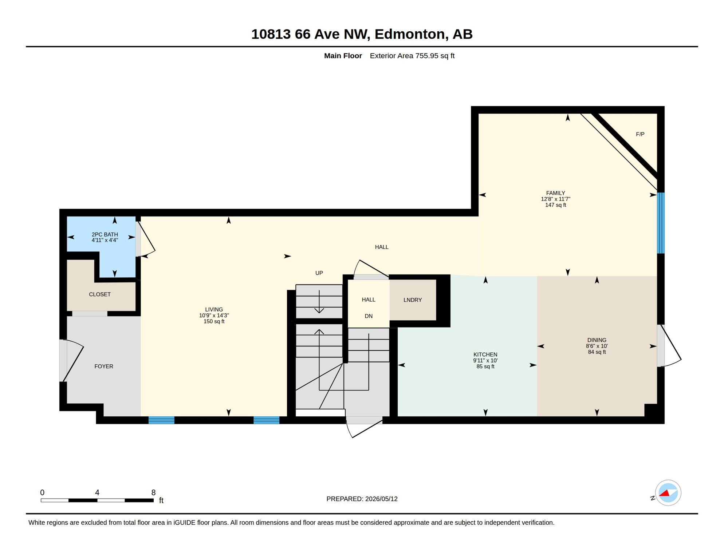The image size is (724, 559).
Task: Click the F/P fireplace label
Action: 640,134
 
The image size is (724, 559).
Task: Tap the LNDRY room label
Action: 413,300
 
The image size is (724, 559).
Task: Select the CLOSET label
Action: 100,294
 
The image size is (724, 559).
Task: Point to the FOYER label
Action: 104,366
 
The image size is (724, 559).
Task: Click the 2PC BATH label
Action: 105,235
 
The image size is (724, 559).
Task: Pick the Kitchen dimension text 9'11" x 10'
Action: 485,361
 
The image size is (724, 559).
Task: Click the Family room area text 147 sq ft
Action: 555,205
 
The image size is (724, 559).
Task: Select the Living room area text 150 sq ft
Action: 214,322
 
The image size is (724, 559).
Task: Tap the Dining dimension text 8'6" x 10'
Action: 597,346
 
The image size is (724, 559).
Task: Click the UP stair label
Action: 319,273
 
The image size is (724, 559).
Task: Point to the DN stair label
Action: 369,316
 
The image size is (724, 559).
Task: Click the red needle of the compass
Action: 665,493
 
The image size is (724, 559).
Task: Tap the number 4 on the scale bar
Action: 97,492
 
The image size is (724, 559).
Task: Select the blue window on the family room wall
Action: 661,223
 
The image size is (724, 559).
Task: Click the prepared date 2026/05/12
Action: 381,499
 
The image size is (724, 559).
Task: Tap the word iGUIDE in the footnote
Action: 184,523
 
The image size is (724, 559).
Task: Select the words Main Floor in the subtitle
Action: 343,56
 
